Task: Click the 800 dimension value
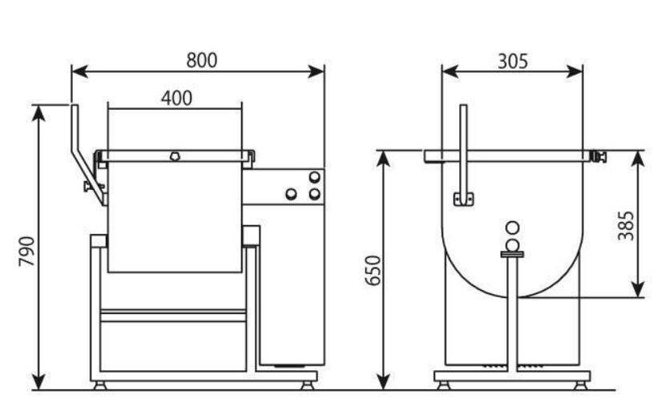(x=202, y=60)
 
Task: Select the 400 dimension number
(x=176, y=99)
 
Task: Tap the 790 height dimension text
(x=26, y=252)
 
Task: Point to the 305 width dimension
(x=513, y=61)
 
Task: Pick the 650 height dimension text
(x=373, y=270)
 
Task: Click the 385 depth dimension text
(x=626, y=226)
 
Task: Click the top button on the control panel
(x=314, y=177)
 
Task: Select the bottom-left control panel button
(x=291, y=194)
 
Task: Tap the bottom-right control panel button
(x=314, y=194)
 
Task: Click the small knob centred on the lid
(x=175, y=157)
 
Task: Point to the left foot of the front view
(x=100, y=385)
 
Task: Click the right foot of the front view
(x=308, y=385)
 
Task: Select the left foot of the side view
(x=444, y=385)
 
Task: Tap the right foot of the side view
(x=580, y=385)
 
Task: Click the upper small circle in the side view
(x=512, y=228)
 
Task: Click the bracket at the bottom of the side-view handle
(x=464, y=199)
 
